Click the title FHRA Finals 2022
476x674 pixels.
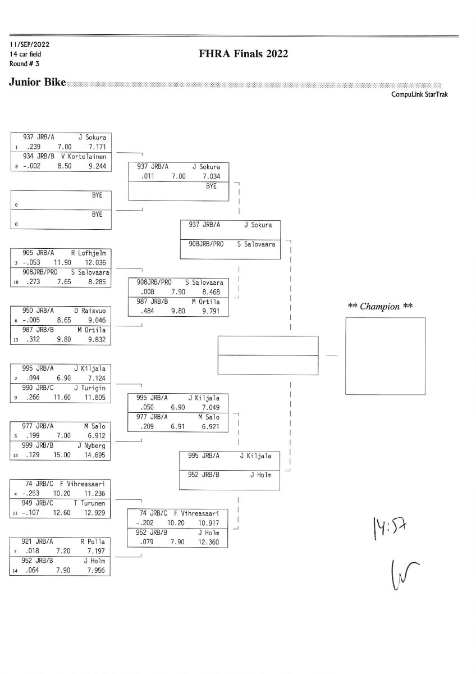click(243, 54)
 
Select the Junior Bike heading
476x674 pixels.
click(37, 83)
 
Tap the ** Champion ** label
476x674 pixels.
click(381, 306)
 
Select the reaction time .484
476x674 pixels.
click(144, 311)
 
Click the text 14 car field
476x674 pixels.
click(25, 54)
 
